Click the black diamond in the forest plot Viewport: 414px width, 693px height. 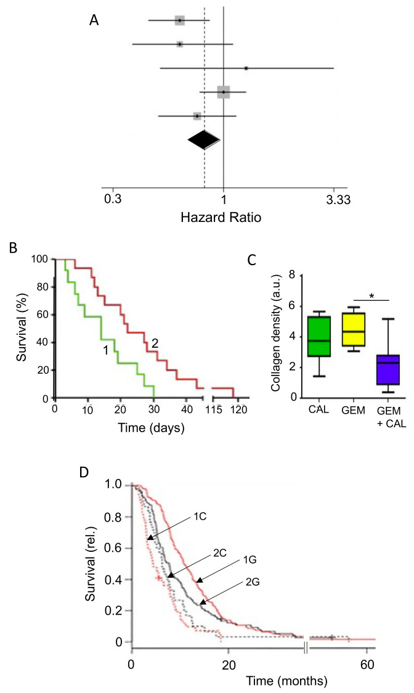(204, 141)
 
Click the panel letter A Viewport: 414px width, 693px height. (94, 20)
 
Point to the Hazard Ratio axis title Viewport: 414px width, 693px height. (223, 218)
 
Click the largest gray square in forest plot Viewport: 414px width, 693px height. (223, 92)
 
